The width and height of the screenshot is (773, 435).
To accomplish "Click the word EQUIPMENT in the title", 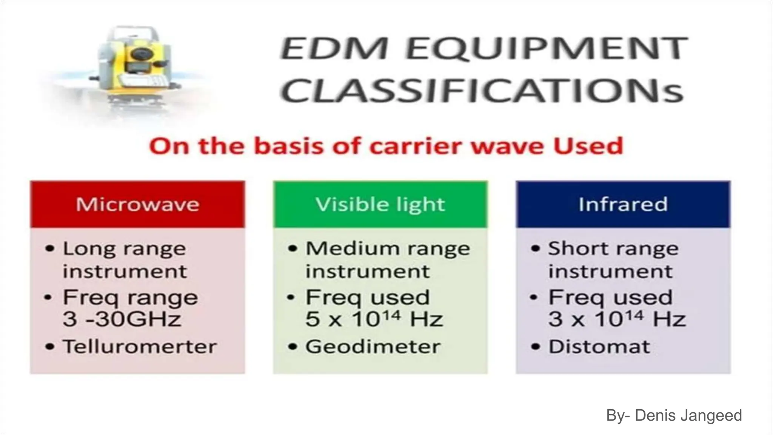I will (x=547, y=48).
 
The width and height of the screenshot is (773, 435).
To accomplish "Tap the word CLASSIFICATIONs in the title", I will (x=482, y=91).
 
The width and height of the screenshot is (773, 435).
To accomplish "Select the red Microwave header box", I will (x=137, y=204).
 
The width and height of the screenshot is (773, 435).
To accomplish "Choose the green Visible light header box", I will (x=380, y=204).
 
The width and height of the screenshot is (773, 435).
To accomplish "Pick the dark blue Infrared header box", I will (x=623, y=204).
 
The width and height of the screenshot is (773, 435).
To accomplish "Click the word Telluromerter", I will (x=140, y=347).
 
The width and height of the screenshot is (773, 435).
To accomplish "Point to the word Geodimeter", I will (x=373, y=347).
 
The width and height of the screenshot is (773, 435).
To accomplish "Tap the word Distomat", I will (x=599, y=347).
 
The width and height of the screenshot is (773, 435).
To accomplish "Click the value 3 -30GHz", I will (x=122, y=319).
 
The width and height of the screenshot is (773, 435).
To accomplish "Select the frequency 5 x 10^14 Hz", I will (x=374, y=319).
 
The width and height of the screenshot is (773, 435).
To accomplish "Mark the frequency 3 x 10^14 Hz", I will (x=617, y=319).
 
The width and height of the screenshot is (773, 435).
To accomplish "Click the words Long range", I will (x=124, y=249).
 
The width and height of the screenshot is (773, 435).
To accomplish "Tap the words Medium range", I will (x=388, y=249).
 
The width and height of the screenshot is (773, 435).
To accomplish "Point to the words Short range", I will (x=613, y=249).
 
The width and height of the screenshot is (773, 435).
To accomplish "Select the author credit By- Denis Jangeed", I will (x=674, y=415).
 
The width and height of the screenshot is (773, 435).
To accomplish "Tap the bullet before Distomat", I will (x=535, y=347).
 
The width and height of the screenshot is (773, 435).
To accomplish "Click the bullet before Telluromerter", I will (x=49, y=347).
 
